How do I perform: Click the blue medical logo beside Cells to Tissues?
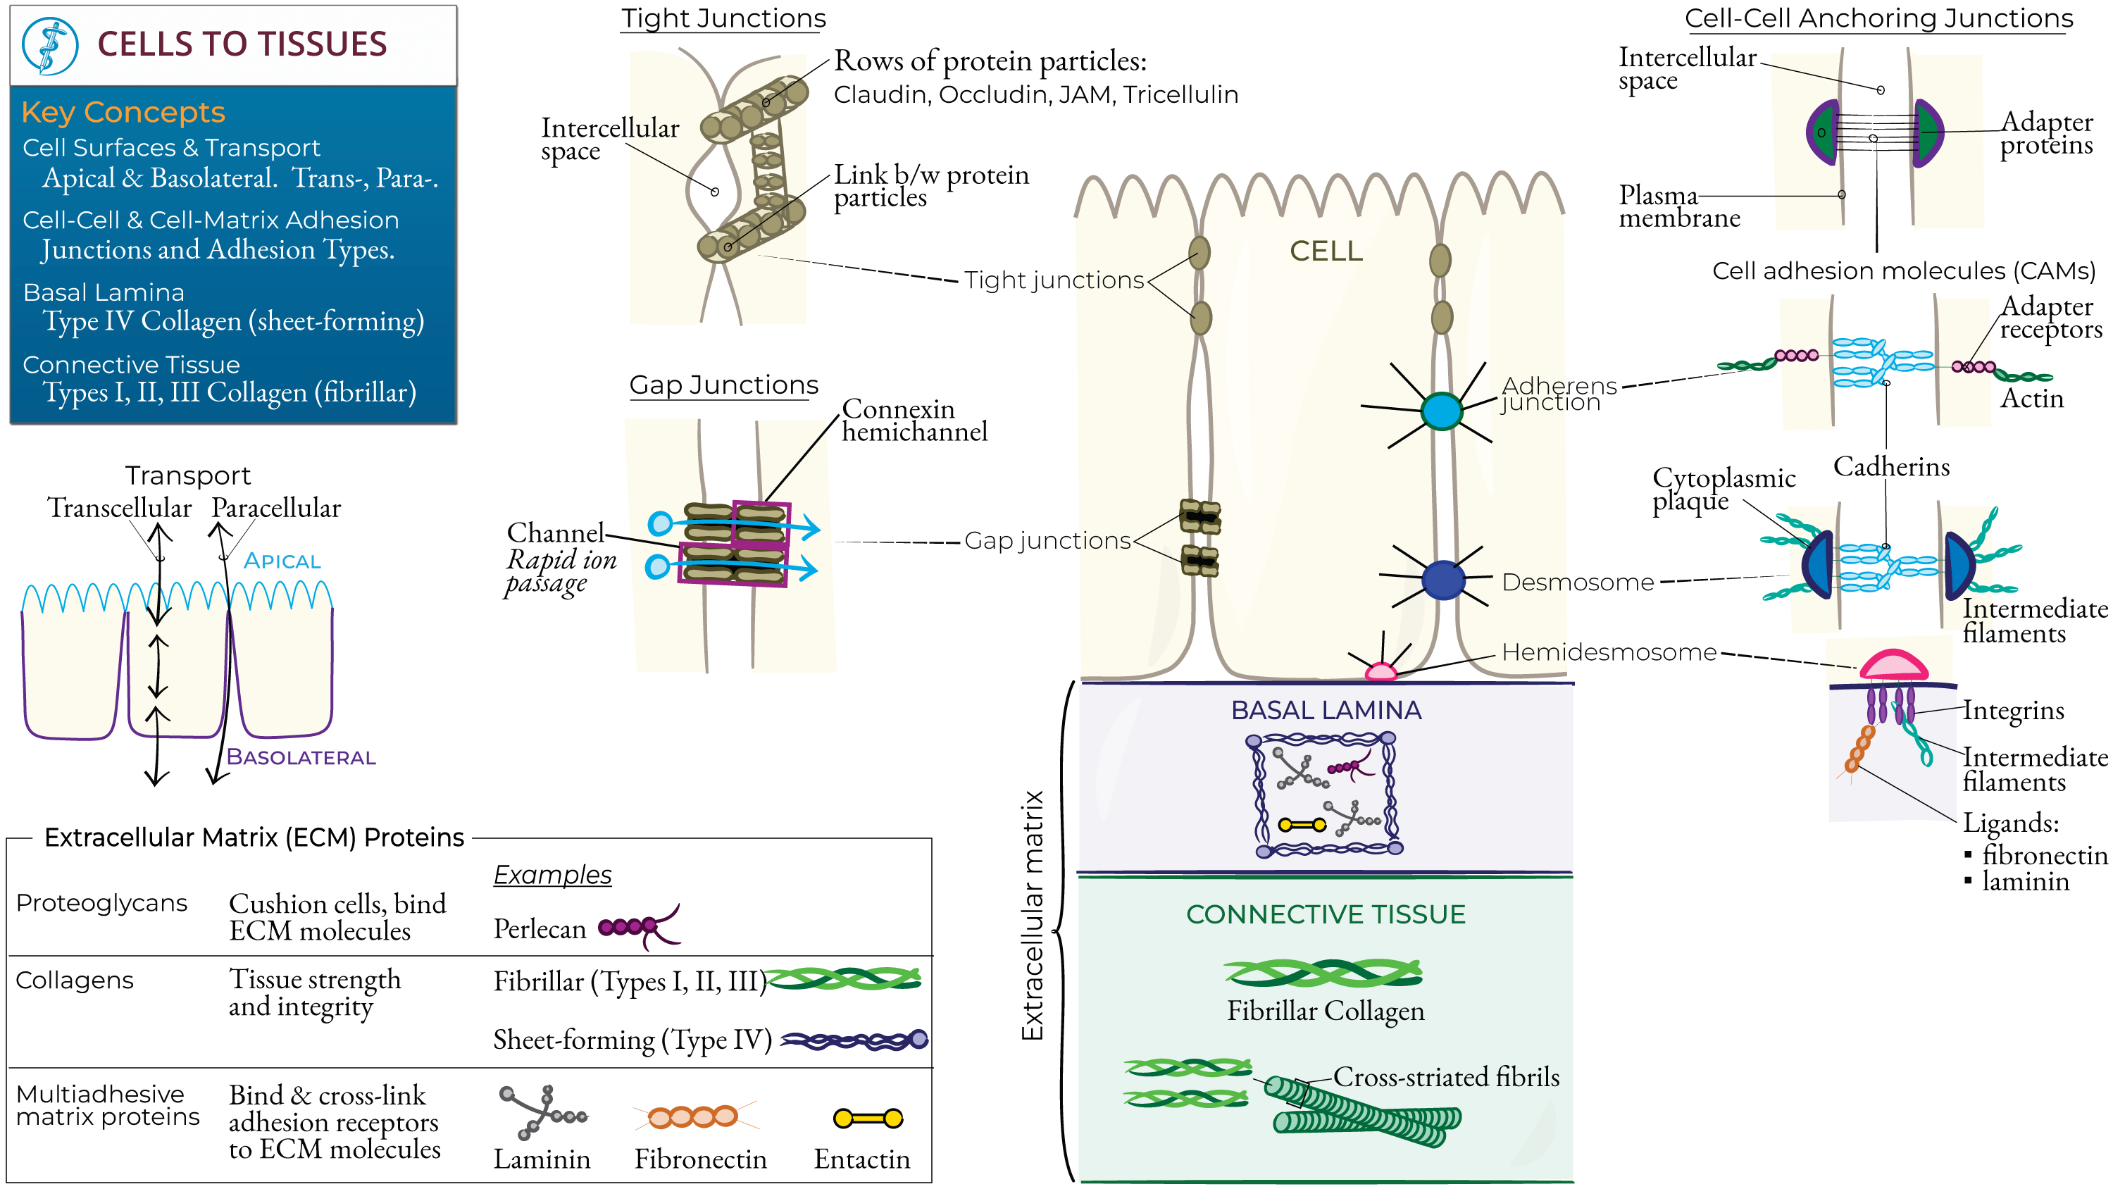(x=49, y=46)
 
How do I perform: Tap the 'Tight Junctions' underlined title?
(x=723, y=18)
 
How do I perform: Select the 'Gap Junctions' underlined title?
(x=723, y=384)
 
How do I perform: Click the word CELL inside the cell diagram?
(x=1326, y=251)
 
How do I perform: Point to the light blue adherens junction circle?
(x=1441, y=411)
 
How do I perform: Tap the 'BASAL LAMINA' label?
(x=1326, y=710)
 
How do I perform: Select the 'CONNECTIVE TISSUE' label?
(x=1326, y=914)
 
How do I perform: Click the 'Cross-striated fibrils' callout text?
(x=1445, y=1076)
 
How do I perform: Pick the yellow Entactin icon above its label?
(x=868, y=1118)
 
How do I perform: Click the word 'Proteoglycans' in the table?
(x=101, y=902)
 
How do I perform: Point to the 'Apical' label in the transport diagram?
(x=282, y=561)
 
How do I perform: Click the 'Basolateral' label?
(x=301, y=757)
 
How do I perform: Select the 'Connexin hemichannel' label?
(x=914, y=420)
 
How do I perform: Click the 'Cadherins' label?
(x=1890, y=466)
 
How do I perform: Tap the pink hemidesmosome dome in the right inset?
(x=1893, y=665)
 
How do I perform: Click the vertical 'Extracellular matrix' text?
(x=1032, y=915)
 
